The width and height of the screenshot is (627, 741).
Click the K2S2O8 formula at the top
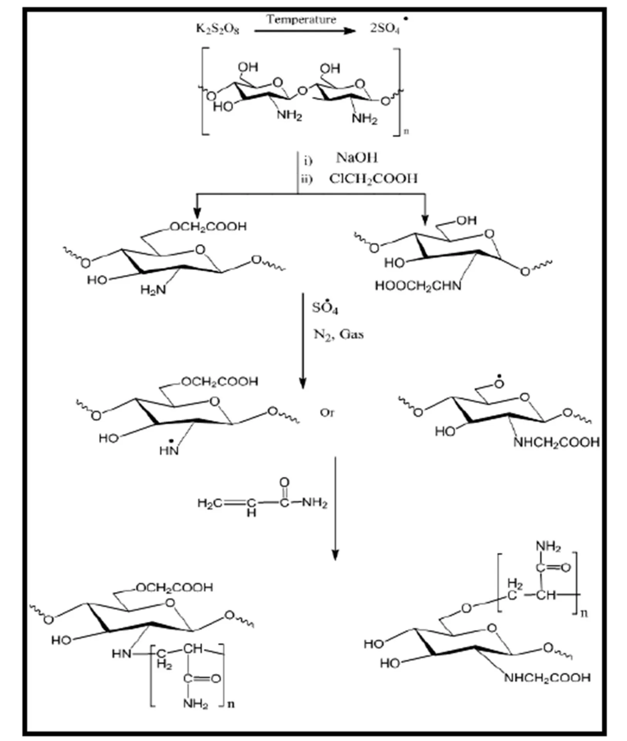point(218,29)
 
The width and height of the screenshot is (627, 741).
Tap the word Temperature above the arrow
point(301,20)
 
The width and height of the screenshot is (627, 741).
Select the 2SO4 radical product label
point(385,28)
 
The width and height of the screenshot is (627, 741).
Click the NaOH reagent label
point(357,158)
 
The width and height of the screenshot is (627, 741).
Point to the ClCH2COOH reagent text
point(373,179)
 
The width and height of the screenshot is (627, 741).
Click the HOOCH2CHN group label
point(418,286)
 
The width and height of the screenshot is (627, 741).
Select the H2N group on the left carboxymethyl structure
point(153,289)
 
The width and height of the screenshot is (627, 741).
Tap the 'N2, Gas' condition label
point(338,334)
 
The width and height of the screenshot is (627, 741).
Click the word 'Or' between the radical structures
point(327,413)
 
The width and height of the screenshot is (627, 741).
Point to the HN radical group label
point(169,450)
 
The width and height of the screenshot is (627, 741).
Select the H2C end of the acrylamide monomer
point(210,503)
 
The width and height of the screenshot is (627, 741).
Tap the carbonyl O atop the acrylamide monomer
point(284,482)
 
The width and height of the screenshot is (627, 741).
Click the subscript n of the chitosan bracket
point(406,132)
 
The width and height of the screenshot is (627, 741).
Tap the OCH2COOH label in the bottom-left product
point(174,587)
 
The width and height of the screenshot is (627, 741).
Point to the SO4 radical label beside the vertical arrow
point(325,308)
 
